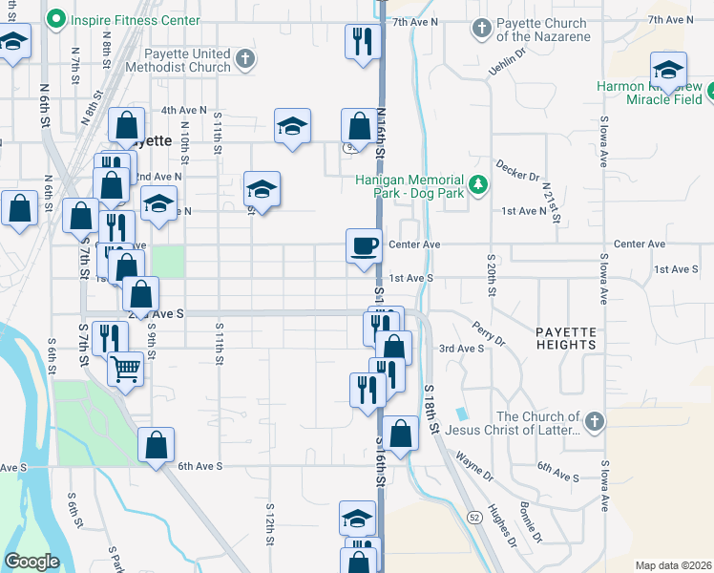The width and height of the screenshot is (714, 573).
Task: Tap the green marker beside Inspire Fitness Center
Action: (x=56, y=19)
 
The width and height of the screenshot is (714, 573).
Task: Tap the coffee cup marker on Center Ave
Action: (x=363, y=246)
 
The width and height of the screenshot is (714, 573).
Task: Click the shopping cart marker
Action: (x=126, y=369)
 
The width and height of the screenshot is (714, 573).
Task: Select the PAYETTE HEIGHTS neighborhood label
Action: (x=565, y=337)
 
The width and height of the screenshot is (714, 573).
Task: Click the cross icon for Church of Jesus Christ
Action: (x=594, y=421)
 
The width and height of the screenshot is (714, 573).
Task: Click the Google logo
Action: (x=31, y=562)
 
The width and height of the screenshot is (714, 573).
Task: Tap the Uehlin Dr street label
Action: (x=507, y=60)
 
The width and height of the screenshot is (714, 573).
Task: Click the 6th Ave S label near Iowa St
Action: (x=558, y=477)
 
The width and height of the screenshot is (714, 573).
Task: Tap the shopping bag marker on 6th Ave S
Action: (x=156, y=445)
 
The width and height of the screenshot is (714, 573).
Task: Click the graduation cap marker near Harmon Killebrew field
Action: (x=668, y=70)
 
